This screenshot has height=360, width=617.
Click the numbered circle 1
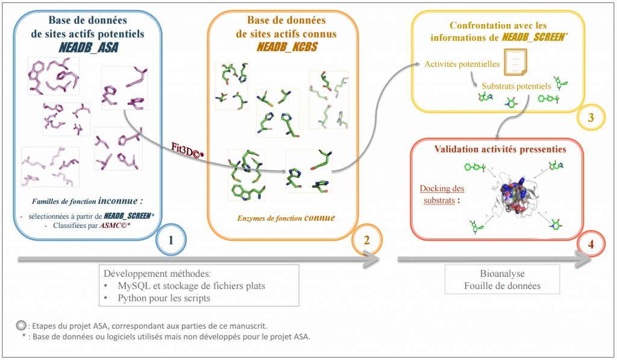pos(171,239)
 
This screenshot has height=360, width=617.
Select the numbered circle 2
pos(366,239)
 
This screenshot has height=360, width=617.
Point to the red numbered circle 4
pos(590,245)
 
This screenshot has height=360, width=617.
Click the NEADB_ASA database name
pos(87,47)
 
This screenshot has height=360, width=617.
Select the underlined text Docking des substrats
pos(443,194)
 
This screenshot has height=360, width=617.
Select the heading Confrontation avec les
pos(498,25)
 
